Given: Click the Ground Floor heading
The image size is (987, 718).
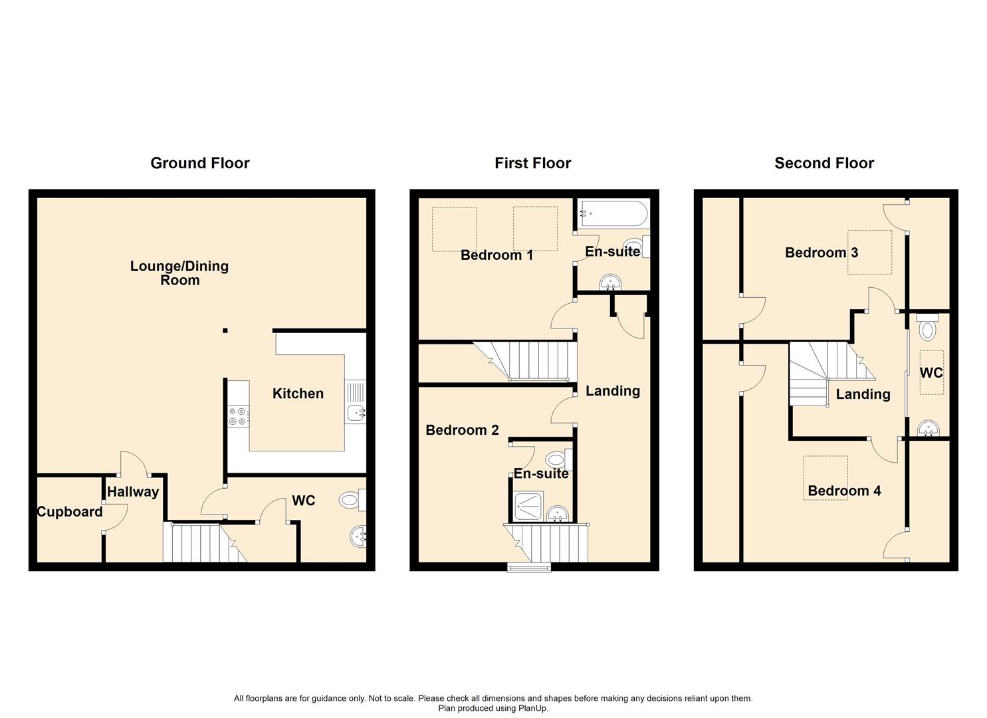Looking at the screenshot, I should click(199, 163).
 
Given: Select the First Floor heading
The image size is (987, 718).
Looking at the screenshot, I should click(532, 163).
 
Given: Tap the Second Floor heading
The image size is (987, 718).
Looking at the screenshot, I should click(823, 163).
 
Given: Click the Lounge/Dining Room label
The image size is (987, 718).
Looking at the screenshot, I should click(179, 273).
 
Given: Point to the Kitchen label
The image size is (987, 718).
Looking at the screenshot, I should click(298, 394).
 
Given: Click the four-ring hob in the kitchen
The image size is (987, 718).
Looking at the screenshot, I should click(238, 416).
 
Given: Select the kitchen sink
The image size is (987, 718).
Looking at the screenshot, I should click(355, 412).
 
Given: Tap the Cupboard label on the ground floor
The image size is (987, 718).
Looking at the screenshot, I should click(70, 512).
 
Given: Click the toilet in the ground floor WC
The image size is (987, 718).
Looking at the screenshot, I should click(351, 500).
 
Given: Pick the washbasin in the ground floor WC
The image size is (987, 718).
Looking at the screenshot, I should click(358, 535).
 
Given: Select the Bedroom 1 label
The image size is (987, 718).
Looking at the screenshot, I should click(496, 255).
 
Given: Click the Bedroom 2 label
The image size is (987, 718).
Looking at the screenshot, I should click(462, 430).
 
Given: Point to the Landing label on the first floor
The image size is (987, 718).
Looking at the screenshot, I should click(612, 391).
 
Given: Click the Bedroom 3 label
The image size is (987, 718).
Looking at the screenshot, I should click(821, 253).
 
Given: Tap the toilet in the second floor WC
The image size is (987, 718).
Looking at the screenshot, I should click(927, 328).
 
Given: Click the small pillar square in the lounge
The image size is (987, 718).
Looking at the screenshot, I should click(225, 330).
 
